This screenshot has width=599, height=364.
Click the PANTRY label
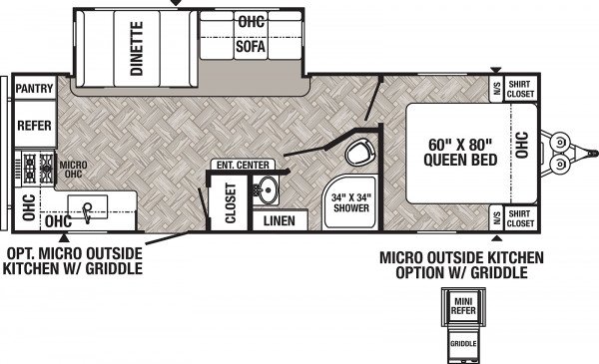pos(34,89)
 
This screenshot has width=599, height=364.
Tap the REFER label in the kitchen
pos(34,126)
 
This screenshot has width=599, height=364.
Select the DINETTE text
pos(137,49)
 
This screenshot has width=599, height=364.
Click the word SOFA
pos(251,47)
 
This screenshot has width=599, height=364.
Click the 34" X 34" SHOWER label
pos(351,202)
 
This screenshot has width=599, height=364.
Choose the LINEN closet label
pos(280,221)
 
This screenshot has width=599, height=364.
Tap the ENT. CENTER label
pos(243,165)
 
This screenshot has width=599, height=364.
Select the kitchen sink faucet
pos(88,212)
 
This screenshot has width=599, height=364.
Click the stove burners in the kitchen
pos(38,168)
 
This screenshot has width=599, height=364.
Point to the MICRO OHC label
pos(73,170)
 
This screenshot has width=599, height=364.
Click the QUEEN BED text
pos(460,160)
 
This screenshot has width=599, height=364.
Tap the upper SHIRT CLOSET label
pos(520,89)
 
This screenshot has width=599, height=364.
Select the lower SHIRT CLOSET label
pos(520,218)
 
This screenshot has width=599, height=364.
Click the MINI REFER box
pos(463,306)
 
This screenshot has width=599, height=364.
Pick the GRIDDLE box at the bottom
pos(463,344)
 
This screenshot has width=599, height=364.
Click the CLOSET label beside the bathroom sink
pos(231,202)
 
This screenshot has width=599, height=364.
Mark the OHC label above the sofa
pos(251,21)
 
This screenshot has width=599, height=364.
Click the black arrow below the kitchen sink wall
pos(64,238)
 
